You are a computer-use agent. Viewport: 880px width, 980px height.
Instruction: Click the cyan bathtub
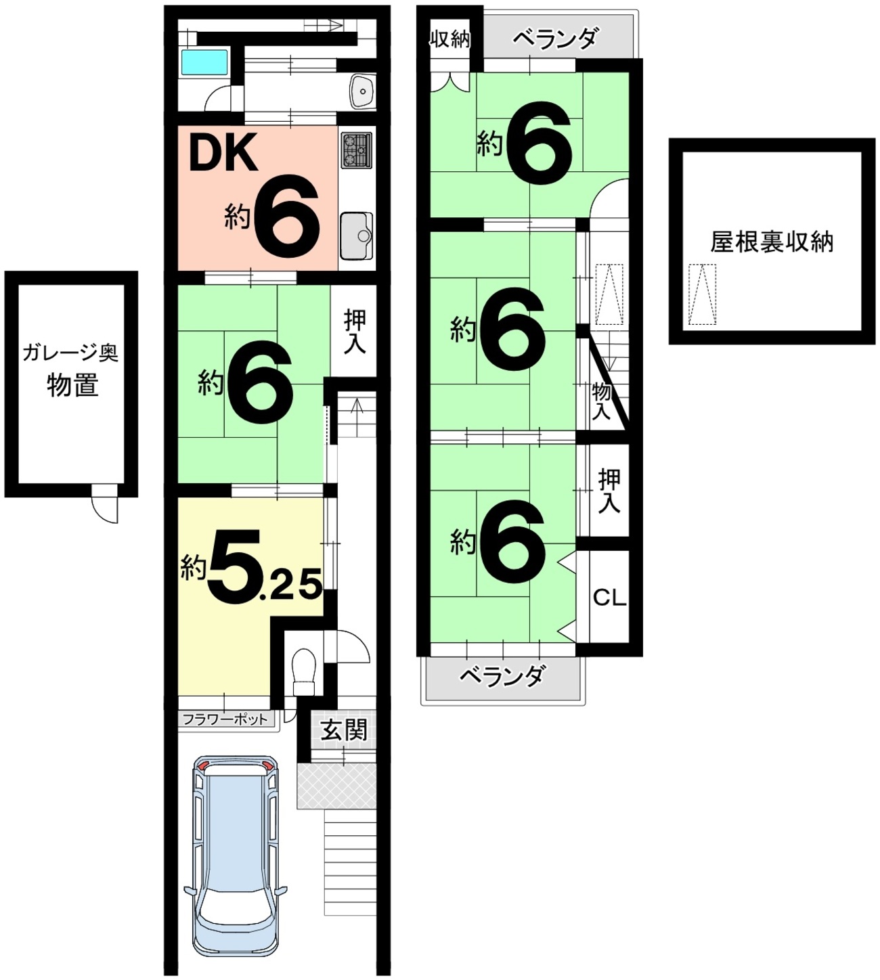[204, 62]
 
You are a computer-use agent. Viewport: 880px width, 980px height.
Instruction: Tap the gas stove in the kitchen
[357, 150]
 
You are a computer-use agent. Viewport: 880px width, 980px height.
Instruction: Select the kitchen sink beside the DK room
[357, 236]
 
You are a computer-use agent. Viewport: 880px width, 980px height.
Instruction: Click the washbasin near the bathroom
[361, 91]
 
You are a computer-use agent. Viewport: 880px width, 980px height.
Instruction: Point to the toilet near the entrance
[304, 672]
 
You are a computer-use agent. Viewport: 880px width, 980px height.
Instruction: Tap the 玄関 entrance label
[345, 730]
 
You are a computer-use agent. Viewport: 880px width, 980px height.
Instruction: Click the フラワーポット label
[225, 719]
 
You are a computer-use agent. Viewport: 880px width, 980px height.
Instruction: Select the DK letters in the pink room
[223, 152]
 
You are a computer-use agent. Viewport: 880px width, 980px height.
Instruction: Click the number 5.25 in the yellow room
[265, 567]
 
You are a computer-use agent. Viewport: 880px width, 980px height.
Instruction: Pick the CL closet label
[609, 598]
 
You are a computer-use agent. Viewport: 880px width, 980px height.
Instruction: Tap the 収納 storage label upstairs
[450, 39]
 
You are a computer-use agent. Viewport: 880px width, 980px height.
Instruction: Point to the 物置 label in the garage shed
[72, 385]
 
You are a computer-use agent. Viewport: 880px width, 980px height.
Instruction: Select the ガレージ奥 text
[70, 354]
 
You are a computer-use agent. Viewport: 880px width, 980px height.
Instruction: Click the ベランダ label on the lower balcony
[503, 675]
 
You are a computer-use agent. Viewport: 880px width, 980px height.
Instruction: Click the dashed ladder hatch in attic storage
[702, 294]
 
